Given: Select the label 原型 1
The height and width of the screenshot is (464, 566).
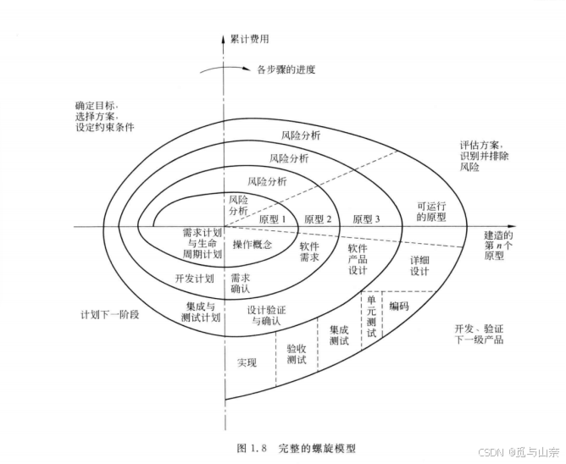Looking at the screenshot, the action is point(272,218).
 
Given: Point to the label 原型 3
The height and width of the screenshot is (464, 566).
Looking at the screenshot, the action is point(366,218).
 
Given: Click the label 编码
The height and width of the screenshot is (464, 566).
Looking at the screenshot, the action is point(398,306).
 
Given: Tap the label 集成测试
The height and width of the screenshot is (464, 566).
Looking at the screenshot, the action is point(338,334).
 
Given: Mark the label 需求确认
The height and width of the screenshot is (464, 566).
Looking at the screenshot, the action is point(241,283).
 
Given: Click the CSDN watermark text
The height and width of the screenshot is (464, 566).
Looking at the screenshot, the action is point(521,451).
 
